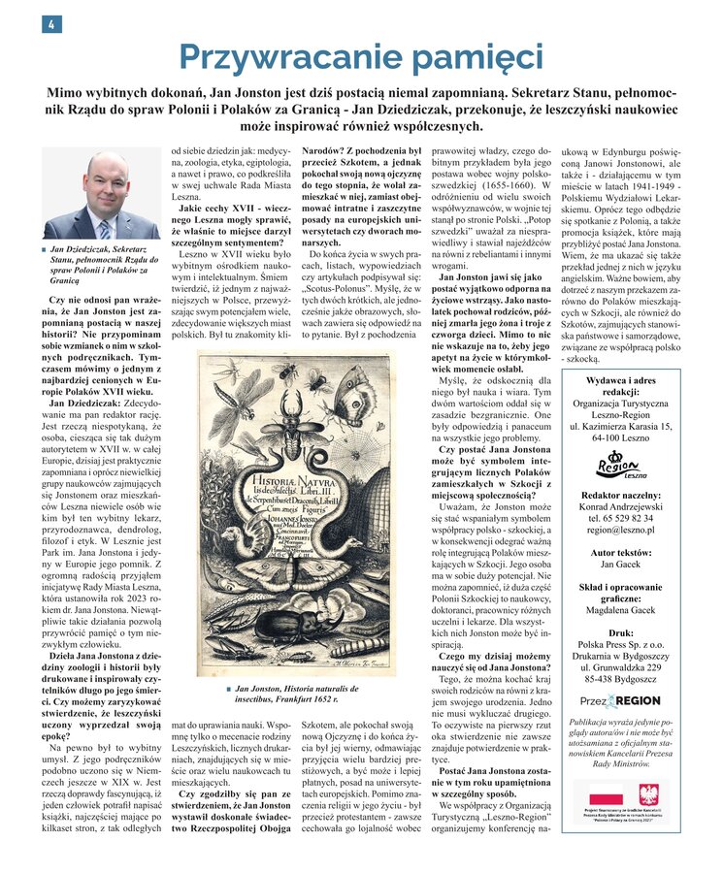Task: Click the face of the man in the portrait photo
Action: click(99, 183)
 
